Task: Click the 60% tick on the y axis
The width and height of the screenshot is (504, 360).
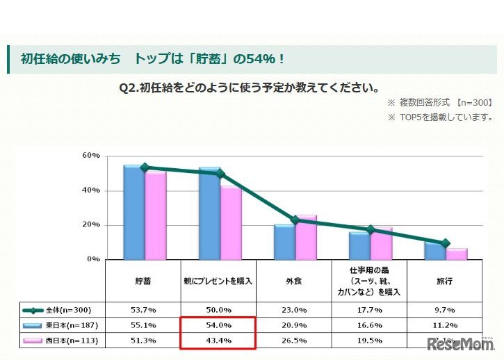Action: pyautogui.click(x=92, y=156)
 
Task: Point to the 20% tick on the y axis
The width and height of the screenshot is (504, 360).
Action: pyautogui.click(x=92, y=225)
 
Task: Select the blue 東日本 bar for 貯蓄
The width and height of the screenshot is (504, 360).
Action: pyautogui.click(x=134, y=211)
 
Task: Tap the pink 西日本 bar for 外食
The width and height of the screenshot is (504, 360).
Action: pyautogui.click(x=306, y=236)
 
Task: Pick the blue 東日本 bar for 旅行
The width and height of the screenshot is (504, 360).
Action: pyautogui.click(x=434, y=250)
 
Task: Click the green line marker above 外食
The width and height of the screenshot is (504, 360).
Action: pyautogui.click(x=295, y=220)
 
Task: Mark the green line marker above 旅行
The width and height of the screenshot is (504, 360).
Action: pyautogui.click(x=445, y=243)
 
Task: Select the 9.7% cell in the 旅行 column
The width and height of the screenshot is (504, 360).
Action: pyautogui.click(x=444, y=310)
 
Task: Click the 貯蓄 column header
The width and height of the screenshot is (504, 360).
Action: pyautogui.click(x=144, y=281)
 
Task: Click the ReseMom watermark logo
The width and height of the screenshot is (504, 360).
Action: pyautogui.click(x=460, y=345)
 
